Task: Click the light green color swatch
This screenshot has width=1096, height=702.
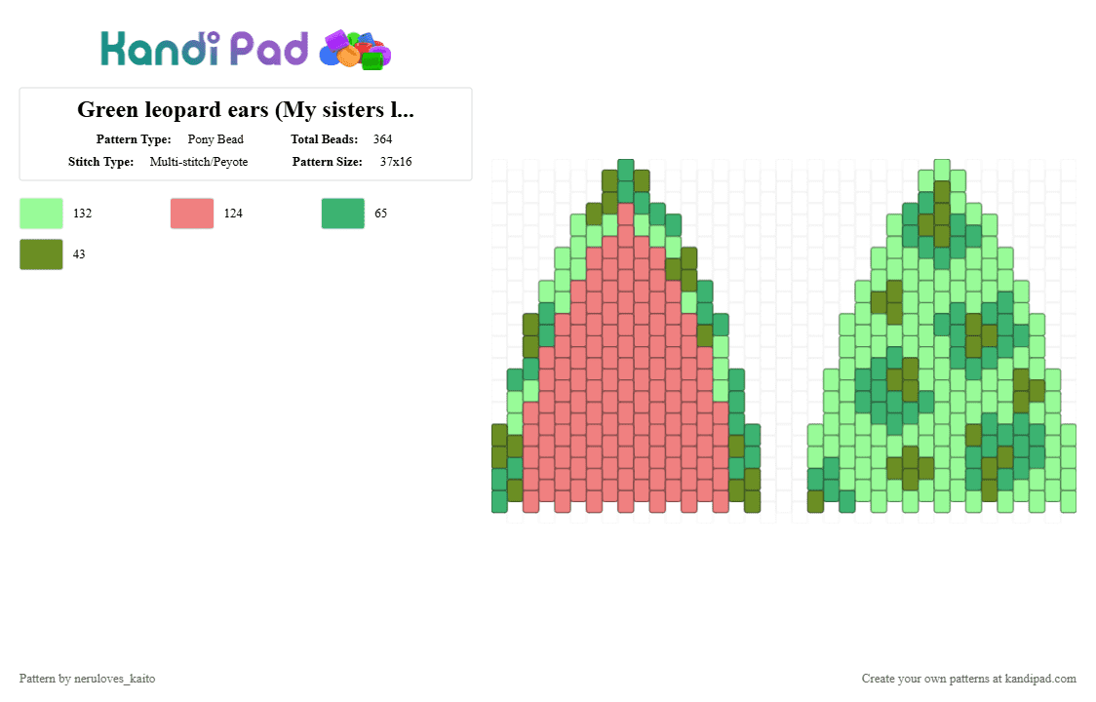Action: click(41, 214)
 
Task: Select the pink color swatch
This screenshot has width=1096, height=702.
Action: click(192, 214)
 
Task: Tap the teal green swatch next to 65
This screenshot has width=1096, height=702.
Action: click(343, 214)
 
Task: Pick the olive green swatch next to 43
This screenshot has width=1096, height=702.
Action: click(41, 254)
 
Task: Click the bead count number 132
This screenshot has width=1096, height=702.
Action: click(83, 214)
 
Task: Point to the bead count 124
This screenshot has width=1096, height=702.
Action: click(233, 214)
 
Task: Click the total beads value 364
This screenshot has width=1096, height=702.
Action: click(382, 139)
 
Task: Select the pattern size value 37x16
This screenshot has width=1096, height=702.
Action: click(396, 162)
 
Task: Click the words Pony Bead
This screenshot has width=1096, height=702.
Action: click(215, 139)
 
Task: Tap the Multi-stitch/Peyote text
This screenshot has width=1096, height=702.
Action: click(199, 162)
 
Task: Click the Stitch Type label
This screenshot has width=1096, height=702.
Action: click(100, 162)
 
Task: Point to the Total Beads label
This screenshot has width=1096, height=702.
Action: click(325, 139)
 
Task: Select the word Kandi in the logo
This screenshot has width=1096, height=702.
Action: click(160, 49)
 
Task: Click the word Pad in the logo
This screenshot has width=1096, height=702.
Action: click(269, 49)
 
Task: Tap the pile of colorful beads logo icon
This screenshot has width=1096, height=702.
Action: click(355, 50)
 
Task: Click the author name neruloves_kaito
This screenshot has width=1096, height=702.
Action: click(115, 679)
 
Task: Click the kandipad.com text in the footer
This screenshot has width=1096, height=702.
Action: click(1040, 679)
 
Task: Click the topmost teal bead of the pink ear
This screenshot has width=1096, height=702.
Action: click(626, 170)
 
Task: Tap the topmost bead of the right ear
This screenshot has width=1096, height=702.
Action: click(942, 170)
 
